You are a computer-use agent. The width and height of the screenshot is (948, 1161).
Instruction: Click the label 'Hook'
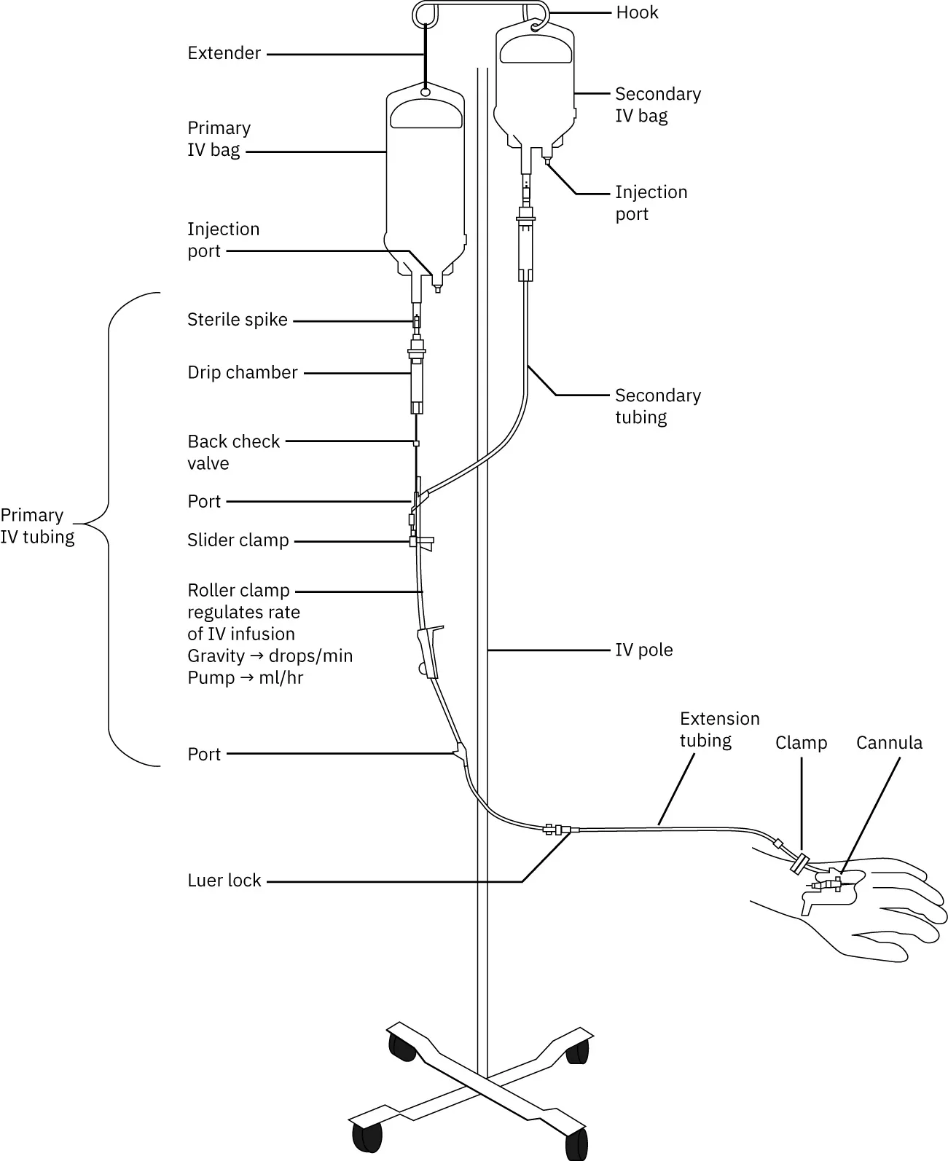coord(637,12)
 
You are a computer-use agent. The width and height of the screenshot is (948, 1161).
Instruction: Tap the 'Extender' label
coord(224,53)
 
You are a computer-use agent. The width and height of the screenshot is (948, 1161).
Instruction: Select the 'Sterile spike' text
coord(237,320)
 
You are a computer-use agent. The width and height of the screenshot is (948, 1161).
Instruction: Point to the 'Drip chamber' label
coord(242,372)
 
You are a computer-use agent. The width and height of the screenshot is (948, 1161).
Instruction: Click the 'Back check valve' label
coord(233,452)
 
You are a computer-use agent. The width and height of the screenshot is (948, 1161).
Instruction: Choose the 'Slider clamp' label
coord(238,540)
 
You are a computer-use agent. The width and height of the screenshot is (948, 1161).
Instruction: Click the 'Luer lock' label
coord(224,881)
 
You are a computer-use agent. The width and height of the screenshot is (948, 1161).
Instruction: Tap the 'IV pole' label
coord(643,650)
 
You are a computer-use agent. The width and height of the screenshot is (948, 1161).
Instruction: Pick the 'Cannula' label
coord(888,743)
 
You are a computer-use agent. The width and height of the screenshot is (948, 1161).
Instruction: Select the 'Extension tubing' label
coord(718,730)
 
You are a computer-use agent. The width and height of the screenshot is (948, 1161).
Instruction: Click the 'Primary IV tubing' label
coord(36,526)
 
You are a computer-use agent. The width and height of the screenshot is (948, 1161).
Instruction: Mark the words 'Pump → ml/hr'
coord(245,678)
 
